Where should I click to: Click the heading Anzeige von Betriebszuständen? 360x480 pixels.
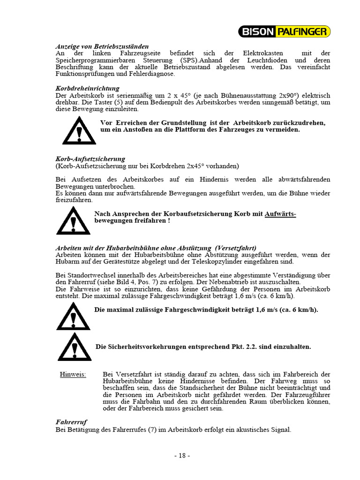[102, 46]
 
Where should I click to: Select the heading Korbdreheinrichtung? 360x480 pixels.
[87, 88]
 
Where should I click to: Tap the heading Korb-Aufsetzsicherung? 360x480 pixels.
[90, 159]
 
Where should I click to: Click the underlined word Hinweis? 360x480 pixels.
[73, 374]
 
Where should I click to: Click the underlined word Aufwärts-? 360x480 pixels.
[280, 214]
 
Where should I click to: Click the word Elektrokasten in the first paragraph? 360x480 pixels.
[251, 53]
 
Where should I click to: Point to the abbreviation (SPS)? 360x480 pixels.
[186, 60]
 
